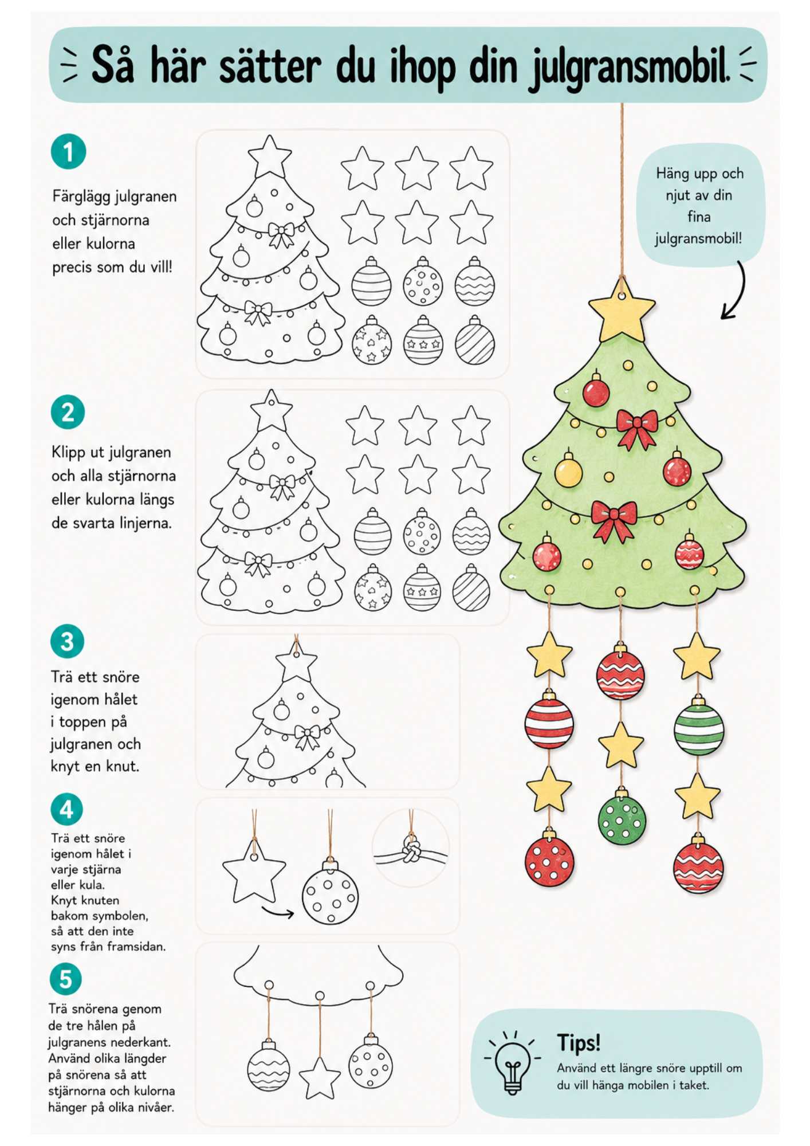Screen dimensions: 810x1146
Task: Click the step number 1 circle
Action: [x=68, y=152]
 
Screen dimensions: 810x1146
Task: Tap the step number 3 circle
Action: [x=67, y=641]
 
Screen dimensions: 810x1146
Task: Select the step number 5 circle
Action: [x=65, y=979]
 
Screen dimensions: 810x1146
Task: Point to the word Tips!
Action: [x=579, y=1042]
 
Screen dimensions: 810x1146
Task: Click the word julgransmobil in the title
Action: [x=628, y=66]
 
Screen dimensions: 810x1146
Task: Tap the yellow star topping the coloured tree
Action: [x=622, y=310]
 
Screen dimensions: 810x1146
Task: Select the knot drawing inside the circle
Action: [x=411, y=849]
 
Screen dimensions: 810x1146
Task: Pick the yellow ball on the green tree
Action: [x=568, y=470]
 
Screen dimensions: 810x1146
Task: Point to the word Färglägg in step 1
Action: [x=84, y=197]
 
